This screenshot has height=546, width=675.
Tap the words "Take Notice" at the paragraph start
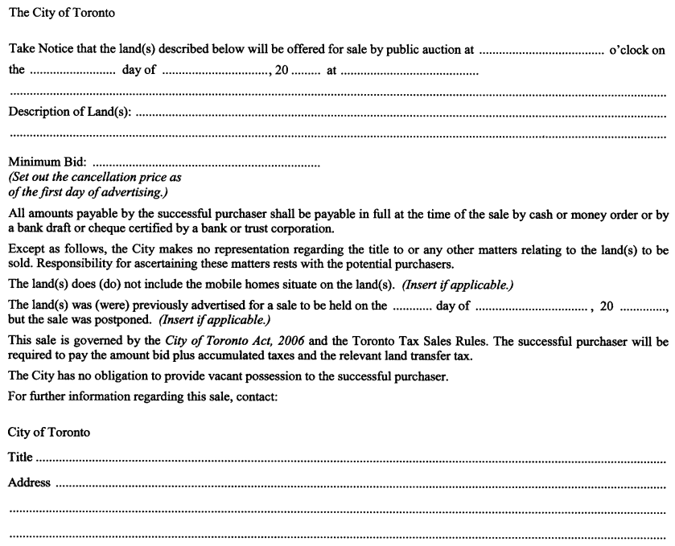(40, 50)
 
